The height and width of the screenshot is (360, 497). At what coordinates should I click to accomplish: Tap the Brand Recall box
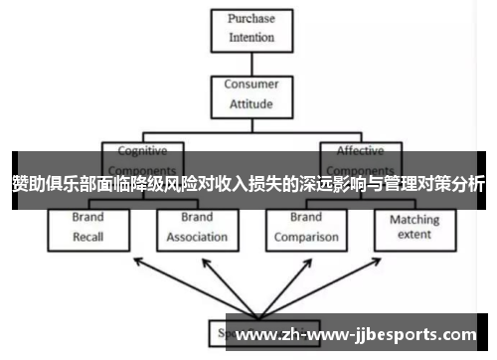point(87,227)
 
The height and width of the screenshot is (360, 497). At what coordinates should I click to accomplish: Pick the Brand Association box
point(197,227)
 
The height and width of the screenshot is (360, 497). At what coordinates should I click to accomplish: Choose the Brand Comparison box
point(306,227)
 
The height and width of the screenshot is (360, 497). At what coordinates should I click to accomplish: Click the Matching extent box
point(414,227)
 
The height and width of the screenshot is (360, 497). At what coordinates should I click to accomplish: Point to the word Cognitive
point(143,151)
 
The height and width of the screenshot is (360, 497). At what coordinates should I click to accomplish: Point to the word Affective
point(360,151)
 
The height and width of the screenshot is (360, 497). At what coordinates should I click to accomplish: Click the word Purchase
point(251,19)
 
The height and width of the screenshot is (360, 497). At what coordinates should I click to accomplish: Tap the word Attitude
point(251,103)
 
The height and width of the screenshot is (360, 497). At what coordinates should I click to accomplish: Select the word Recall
point(87,237)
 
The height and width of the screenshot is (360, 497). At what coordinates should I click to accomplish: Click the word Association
point(197,237)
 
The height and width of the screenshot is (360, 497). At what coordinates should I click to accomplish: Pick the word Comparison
point(306,237)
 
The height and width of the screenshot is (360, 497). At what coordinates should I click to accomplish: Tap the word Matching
point(414,220)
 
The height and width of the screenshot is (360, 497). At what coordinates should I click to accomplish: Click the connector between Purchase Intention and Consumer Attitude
point(251,62)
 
